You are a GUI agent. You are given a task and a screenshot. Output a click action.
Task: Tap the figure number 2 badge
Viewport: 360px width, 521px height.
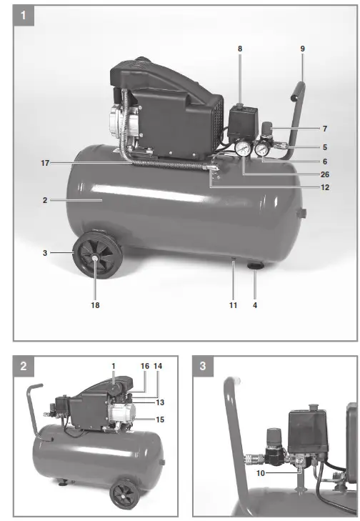tap(24, 366)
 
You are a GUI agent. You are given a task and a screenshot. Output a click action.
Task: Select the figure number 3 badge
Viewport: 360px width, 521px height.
tap(204, 366)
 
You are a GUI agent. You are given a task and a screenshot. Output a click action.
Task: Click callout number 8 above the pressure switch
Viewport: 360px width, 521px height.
tap(240, 49)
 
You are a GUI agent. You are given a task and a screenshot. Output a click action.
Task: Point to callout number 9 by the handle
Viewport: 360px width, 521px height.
tap(302, 49)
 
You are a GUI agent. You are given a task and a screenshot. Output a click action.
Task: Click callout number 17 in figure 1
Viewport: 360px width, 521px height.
tap(44, 163)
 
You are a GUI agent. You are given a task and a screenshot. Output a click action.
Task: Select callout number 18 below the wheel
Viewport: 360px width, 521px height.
tap(95, 305)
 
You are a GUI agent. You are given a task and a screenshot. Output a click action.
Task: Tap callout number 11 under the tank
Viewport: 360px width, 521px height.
tap(233, 305)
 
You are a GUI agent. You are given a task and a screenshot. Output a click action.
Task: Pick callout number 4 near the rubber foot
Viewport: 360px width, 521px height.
tap(256, 305)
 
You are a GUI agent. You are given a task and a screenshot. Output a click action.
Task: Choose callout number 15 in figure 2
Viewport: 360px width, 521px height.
tap(160, 420)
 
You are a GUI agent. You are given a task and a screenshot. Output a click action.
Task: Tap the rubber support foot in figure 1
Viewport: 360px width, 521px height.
tap(254, 267)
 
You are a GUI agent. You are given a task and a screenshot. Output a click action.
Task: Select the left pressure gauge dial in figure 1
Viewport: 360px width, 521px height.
tap(243, 149)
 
